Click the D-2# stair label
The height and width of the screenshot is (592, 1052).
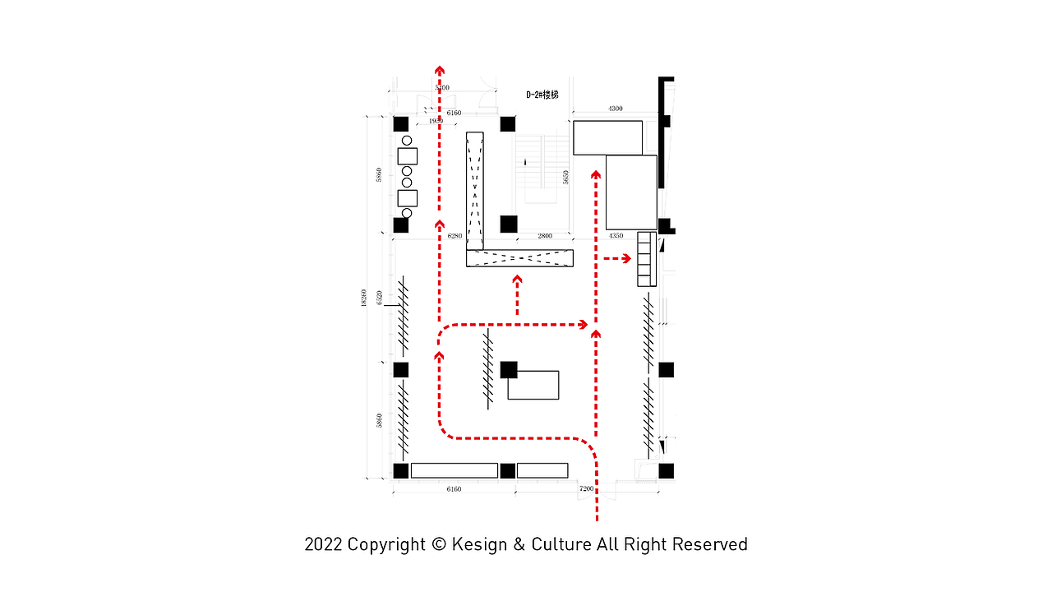point(542,95)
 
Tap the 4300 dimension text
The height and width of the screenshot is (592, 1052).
point(615,109)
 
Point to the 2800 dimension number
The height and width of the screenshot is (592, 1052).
point(545,236)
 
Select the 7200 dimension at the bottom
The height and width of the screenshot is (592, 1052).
point(586,489)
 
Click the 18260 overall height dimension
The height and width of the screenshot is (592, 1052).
point(363,298)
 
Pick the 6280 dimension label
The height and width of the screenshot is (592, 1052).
point(454,236)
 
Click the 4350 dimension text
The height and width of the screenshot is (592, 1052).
point(616,236)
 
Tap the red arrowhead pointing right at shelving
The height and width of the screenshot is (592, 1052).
point(626,258)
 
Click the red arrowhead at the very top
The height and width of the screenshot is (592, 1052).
point(440,70)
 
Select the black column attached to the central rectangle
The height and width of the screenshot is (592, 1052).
point(509,370)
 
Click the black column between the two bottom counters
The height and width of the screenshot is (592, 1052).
point(508,471)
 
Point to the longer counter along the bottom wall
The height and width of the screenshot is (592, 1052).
point(454,470)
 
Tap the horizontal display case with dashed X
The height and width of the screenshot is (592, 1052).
point(519,258)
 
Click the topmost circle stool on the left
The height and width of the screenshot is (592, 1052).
point(407,141)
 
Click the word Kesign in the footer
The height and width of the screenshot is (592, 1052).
point(479,544)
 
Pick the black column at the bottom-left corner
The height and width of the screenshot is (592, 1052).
point(401,471)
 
